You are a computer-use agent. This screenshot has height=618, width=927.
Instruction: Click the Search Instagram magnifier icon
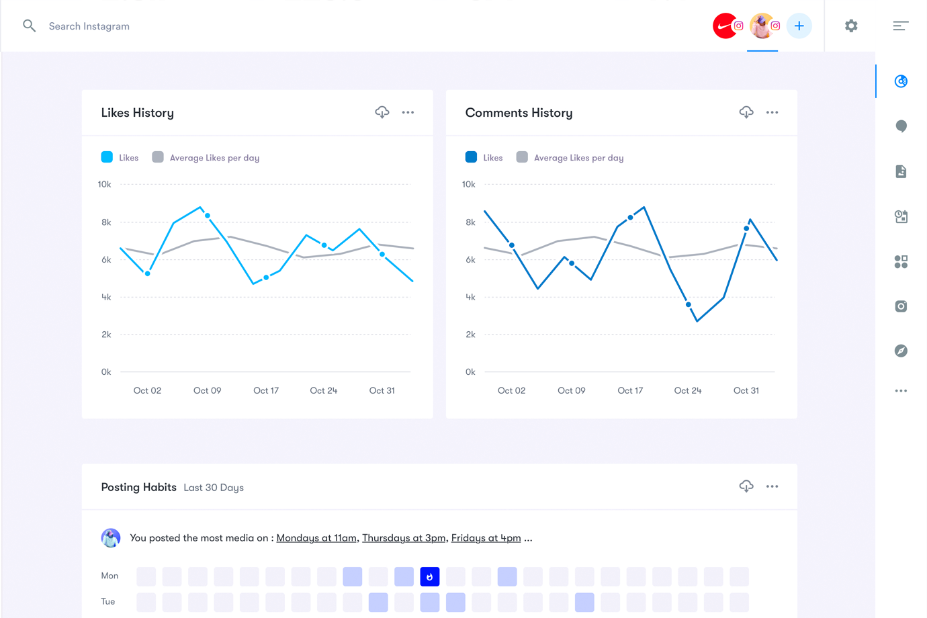(x=29, y=26)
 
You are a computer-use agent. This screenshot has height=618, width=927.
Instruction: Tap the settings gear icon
(x=851, y=26)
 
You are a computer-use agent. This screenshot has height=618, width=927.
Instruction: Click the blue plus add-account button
(x=799, y=26)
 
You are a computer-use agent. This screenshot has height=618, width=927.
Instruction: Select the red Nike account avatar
(x=724, y=26)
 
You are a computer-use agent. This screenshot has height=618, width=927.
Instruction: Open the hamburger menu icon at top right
(x=900, y=26)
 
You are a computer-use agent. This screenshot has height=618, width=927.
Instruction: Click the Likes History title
(x=137, y=113)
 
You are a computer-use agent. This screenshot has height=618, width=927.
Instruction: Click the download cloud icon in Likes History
(x=382, y=112)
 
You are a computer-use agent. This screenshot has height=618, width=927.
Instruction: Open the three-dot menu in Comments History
(x=772, y=112)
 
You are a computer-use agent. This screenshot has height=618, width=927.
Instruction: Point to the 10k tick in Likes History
(x=104, y=184)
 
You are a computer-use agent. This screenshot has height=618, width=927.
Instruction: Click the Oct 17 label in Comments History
(x=630, y=390)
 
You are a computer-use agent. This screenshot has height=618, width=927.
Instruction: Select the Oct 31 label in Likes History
(x=382, y=390)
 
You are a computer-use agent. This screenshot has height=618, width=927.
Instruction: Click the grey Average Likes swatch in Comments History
(x=522, y=157)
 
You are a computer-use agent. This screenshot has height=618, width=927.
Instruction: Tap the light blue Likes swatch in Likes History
(x=107, y=157)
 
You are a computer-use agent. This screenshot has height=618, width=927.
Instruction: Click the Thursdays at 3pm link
(x=404, y=538)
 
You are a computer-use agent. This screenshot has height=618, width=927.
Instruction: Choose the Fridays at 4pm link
(x=486, y=538)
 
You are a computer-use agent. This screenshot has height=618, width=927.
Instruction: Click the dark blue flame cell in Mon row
(x=430, y=576)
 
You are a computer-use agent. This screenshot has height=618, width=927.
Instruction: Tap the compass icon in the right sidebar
(x=901, y=351)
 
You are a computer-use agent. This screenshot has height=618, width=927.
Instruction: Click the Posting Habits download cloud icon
(x=746, y=486)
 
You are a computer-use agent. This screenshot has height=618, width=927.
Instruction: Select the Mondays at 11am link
(x=316, y=538)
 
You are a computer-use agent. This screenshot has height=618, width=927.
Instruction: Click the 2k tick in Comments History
(x=470, y=335)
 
